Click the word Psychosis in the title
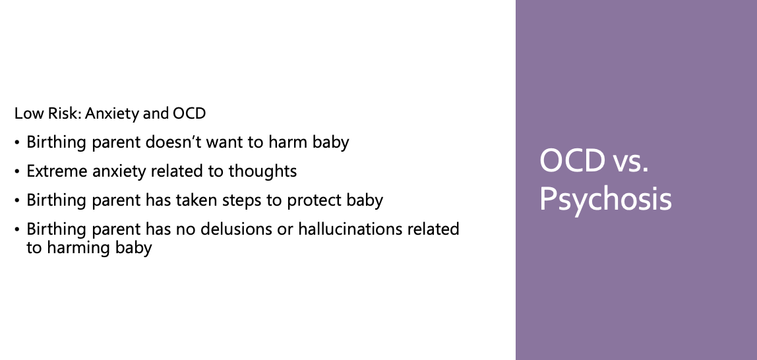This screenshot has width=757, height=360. pos(605,199)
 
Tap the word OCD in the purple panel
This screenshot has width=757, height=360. pos(572,161)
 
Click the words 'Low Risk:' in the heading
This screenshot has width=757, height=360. pos(48,113)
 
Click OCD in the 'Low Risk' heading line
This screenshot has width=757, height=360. pos(189,113)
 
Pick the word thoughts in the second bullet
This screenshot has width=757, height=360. pos(262,171)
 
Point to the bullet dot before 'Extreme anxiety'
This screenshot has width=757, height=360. pos(17,172)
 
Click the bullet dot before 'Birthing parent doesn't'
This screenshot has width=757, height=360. pos(17,143)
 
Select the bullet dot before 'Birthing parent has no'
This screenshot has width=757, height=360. pos(17,229)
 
